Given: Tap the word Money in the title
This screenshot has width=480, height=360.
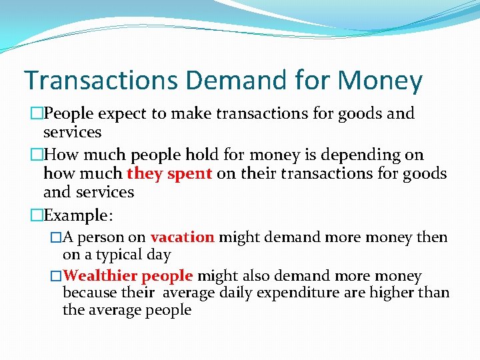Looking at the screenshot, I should (x=379, y=81).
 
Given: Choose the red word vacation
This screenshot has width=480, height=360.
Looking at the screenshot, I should (x=182, y=237).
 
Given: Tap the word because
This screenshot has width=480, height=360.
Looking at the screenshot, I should (x=89, y=293).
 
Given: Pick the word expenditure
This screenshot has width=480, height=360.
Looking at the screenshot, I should (x=303, y=293).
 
